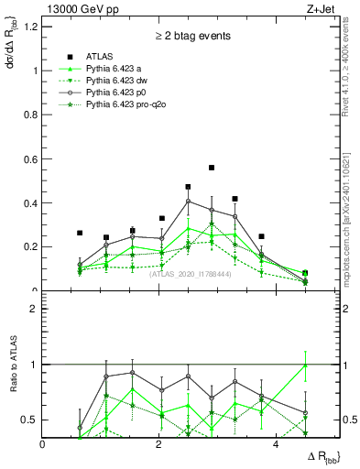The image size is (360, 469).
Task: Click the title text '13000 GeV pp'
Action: (x=75, y=8)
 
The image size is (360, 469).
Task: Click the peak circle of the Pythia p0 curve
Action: (x=189, y=202)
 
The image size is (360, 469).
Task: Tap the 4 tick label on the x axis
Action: (x=276, y=444)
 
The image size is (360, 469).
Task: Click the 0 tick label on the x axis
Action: (x=43, y=444)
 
